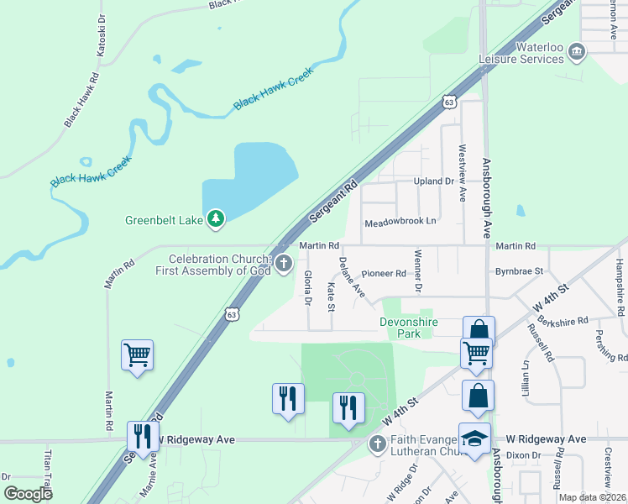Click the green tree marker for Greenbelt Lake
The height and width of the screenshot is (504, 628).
(217, 219)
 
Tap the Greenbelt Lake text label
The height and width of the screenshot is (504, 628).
(165, 220)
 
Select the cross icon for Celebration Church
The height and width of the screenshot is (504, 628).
(284, 265)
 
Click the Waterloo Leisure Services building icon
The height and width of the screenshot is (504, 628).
(577, 53)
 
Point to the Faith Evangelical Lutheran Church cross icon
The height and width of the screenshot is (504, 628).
(378, 443)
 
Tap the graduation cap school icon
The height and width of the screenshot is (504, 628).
(474, 439)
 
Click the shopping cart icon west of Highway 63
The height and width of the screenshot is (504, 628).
(137, 354)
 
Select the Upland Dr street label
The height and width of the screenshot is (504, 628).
(433, 181)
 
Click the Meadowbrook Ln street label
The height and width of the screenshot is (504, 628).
(400, 223)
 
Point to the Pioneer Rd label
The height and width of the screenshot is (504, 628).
(384, 274)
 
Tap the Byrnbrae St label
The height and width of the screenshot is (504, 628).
(520, 271)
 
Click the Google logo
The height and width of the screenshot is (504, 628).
(29, 493)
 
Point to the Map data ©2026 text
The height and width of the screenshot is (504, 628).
(593, 497)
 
